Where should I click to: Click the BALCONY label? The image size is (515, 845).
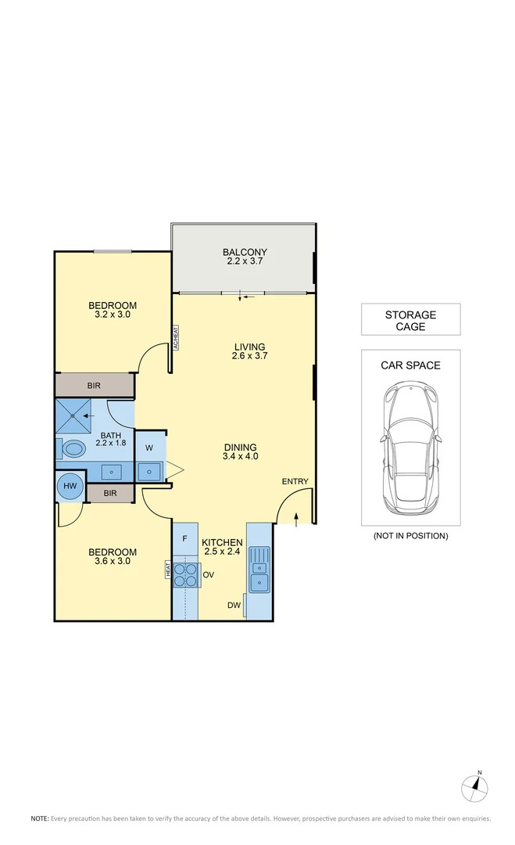click(x=245, y=252)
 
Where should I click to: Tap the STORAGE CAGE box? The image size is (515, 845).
click(x=410, y=320)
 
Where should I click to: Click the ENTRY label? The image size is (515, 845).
click(x=295, y=481)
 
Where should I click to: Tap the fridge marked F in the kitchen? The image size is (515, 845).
click(x=184, y=539)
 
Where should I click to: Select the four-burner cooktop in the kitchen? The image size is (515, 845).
click(x=186, y=575)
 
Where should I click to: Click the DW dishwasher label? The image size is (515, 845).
click(x=234, y=605)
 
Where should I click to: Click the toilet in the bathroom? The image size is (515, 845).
click(x=73, y=449)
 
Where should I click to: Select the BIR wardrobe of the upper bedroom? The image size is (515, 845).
click(x=94, y=385)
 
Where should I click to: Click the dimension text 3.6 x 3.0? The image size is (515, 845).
click(x=113, y=561)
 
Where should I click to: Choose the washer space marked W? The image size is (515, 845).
click(x=149, y=448)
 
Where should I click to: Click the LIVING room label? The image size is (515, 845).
click(x=249, y=347)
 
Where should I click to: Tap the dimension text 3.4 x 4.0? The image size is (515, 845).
click(x=240, y=455)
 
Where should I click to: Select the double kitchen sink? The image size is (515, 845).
click(x=259, y=571)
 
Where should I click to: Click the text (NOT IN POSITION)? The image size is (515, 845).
click(x=410, y=535)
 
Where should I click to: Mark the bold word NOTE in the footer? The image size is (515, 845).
click(x=39, y=818)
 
